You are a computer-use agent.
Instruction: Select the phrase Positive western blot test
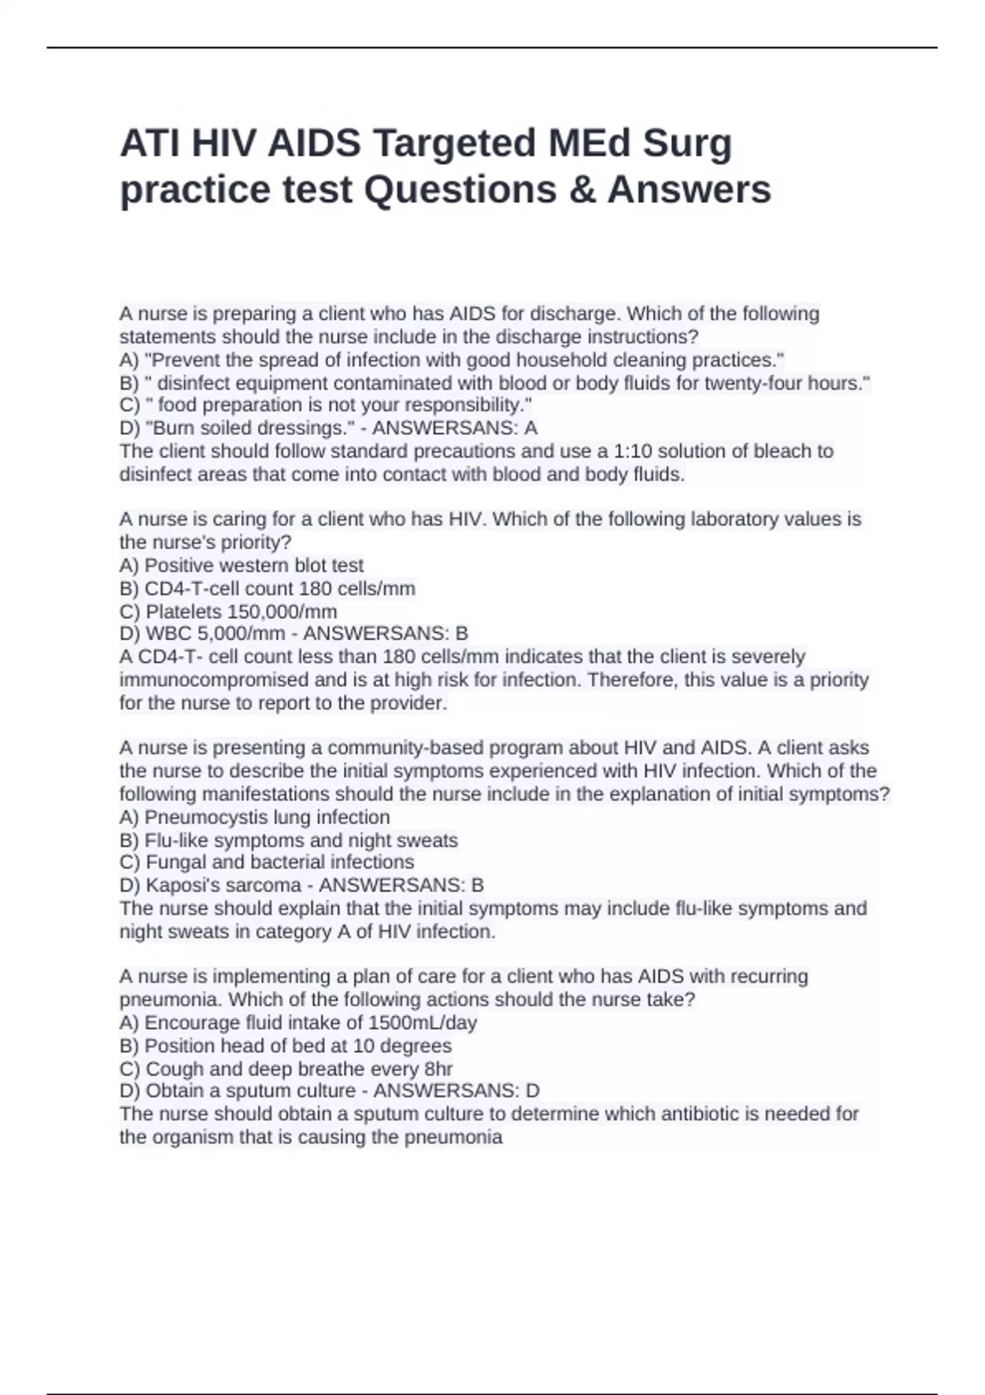tap(254, 565)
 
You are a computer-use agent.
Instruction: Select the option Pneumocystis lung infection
tap(267, 817)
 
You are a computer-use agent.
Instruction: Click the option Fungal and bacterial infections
tap(279, 862)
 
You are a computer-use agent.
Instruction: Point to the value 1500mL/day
tap(423, 1022)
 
